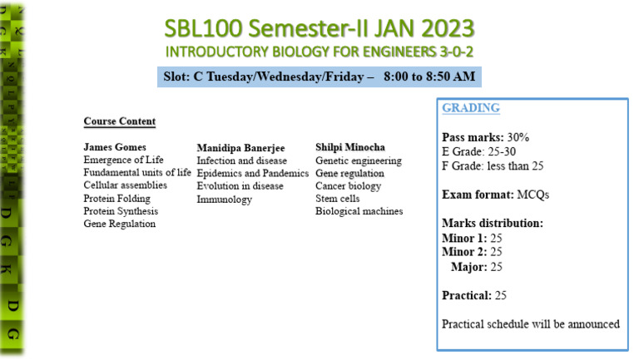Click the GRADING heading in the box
pos(471,108)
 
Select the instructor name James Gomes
pos(115,147)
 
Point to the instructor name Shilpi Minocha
pos(350,147)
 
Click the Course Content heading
pos(119,121)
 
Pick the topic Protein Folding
pos(116,199)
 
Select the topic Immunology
pos(224,200)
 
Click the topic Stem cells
pos(338,199)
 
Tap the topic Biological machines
pos(359,211)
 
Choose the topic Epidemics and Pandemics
pos(252,173)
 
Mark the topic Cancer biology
pos(348,186)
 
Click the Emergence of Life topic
pos(123,160)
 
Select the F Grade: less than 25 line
pos(493,165)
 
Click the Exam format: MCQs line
pos(495,195)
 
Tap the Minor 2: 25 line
pos(472,252)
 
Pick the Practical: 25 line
pos(474,295)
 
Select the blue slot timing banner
pos(319,76)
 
